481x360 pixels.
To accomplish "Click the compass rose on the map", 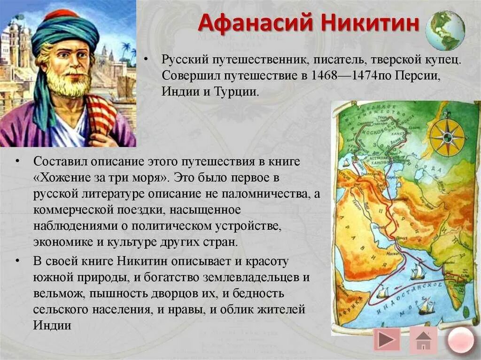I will click(447, 137).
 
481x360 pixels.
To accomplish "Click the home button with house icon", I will click(423, 339).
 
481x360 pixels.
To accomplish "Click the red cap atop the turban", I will click(62, 15).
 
